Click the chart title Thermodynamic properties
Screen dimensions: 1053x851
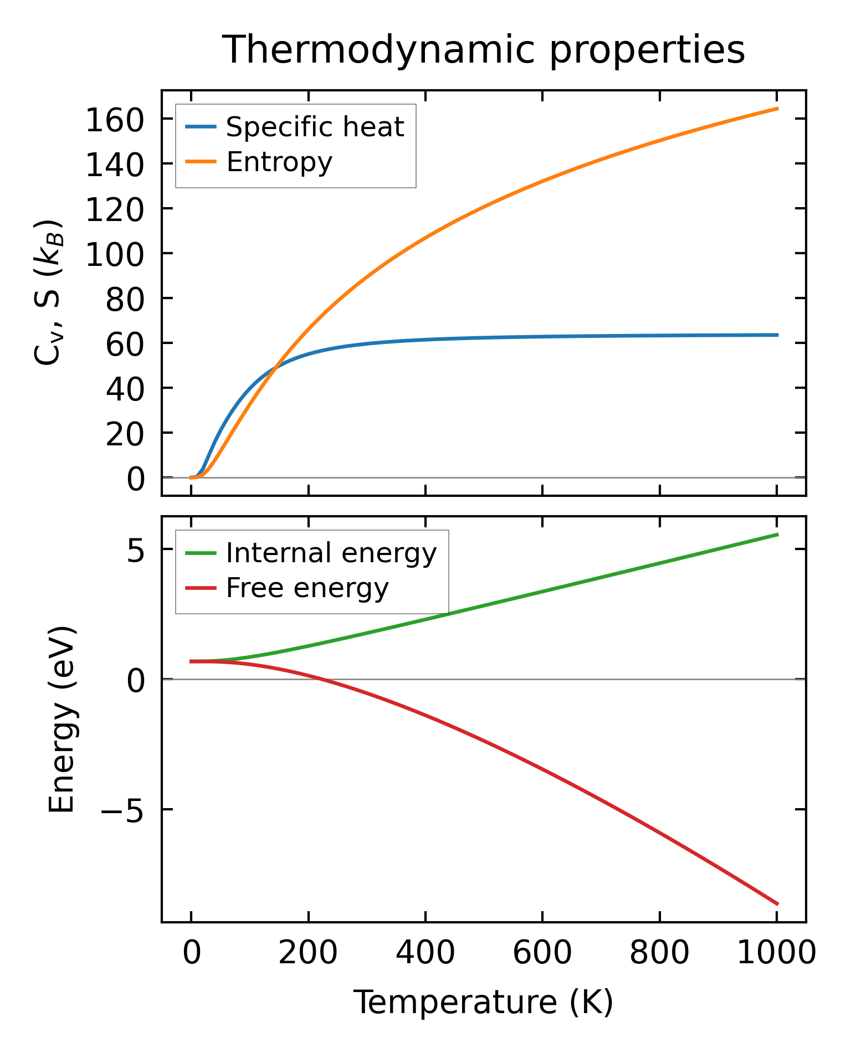pyautogui.click(x=483, y=50)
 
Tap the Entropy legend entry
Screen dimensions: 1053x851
pyautogui.click(x=279, y=162)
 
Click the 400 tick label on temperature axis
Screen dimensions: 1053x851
pyautogui.click(x=425, y=953)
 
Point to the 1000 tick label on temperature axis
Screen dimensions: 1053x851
pyautogui.click(x=777, y=953)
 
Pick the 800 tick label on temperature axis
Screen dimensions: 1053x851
pyautogui.click(x=659, y=953)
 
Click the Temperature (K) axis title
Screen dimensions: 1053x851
pyautogui.click(x=483, y=1003)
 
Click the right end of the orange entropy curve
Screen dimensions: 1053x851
pyautogui.click(x=777, y=109)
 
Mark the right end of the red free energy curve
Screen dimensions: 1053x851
pyautogui.click(x=777, y=904)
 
